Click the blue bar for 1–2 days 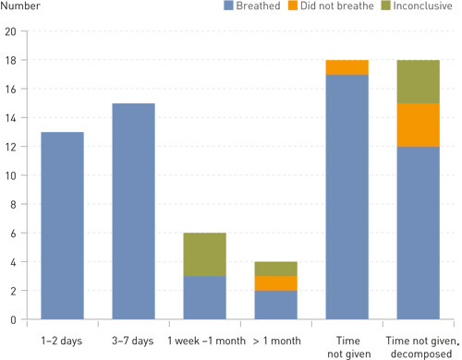click(x=62, y=226)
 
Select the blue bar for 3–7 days click(x=133, y=211)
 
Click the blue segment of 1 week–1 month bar click(x=204, y=297)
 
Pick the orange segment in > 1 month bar click(x=275, y=283)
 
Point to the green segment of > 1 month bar click(x=275, y=269)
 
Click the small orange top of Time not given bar click(x=346, y=67)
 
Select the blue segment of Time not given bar click(x=346, y=197)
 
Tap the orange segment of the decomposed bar click(x=418, y=125)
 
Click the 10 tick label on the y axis click(x=10, y=175)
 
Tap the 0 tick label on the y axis click(x=13, y=319)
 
